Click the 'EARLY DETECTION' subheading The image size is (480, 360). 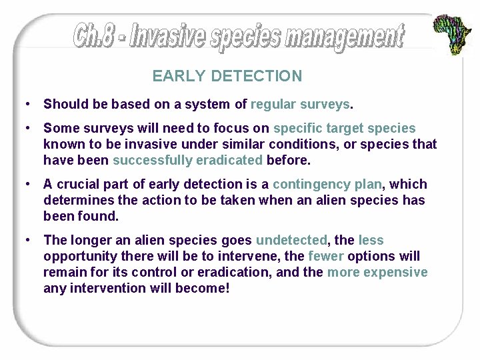click(x=227, y=76)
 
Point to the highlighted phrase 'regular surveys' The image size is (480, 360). click(x=299, y=104)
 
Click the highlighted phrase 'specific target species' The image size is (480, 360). click(x=344, y=128)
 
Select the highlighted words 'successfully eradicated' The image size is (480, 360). click(x=187, y=160)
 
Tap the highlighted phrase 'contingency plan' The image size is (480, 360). click(x=327, y=184)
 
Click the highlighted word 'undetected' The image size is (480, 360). click(x=291, y=240)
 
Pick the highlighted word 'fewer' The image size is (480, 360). click(x=327, y=256)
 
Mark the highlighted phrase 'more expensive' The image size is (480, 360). click(x=377, y=272)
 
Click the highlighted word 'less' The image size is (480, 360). click(x=371, y=240)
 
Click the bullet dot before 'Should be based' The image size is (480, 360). click(x=25, y=104)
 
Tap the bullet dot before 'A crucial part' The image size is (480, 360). click(x=25, y=184)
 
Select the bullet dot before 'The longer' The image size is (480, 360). click(x=25, y=240)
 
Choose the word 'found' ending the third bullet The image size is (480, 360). click(x=100, y=216)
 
